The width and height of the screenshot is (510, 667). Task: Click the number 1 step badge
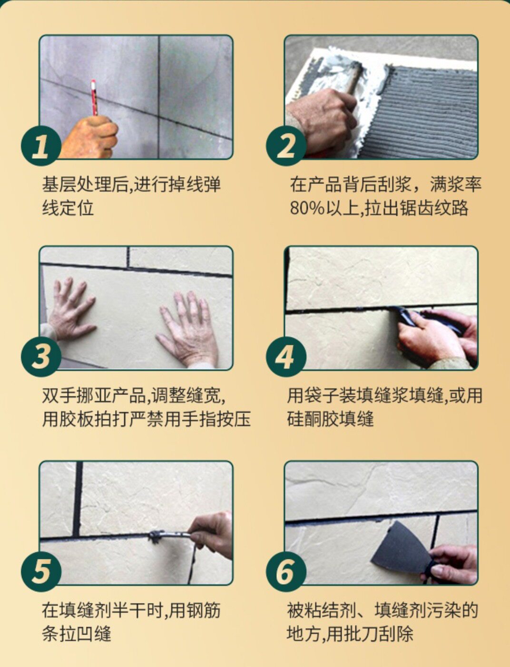(x=41, y=145)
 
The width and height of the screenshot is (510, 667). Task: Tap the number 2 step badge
(x=286, y=145)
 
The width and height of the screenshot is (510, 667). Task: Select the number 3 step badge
(x=41, y=357)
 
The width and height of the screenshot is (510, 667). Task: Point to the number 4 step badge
(x=286, y=357)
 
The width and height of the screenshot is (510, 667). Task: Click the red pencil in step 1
(x=94, y=98)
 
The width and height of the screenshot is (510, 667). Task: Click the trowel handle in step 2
(x=355, y=79)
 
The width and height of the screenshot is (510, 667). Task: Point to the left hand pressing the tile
(x=70, y=310)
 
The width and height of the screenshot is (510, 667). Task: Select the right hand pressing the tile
(x=187, y=330)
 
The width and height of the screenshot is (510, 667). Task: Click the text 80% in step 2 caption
(x=307, y=208)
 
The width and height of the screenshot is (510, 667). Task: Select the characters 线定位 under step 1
(x=68, y=208)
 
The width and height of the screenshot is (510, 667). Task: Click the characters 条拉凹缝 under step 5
(x=76, y=633)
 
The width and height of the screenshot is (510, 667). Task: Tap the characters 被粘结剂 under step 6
(x=321, y=610)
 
